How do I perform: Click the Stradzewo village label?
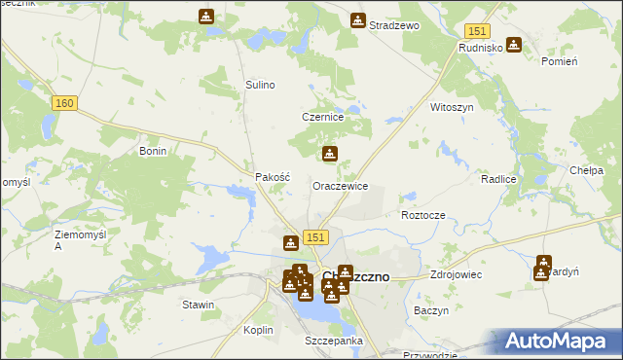click(x=393, y=25)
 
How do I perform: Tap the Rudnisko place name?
click(x=480, y=47)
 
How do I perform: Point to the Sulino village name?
click(x=260, y=85)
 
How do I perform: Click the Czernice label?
click(x=323, y=117)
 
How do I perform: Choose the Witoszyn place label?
click(x=451, y=107)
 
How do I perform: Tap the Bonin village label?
click(x=154, y=152)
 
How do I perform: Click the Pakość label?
click(x=273, y=178)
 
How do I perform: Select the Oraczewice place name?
click(x=340, y=185)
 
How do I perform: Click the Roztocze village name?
click(x=422, y=215)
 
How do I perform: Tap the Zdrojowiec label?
click(x=454, y=275)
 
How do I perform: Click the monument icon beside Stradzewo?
click(x=358, y=19)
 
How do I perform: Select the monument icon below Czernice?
click(x=330, y=153)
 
